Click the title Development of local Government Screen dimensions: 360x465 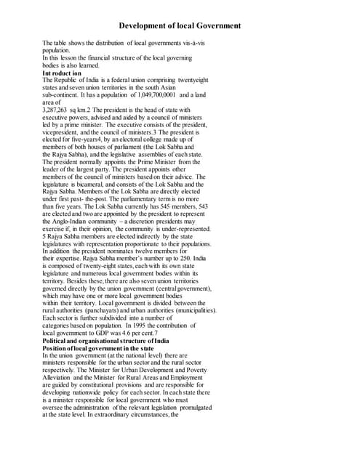click(180, 25)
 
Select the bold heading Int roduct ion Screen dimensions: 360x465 click(63, 74)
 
